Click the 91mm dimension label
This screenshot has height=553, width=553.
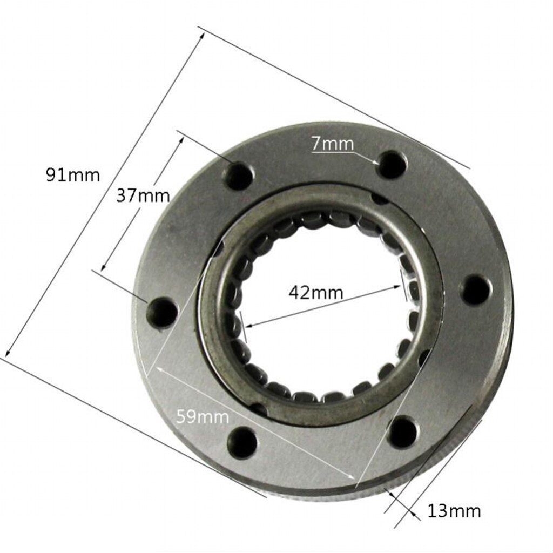[x=73, y=175]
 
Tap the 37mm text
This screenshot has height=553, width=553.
[x=143, y=195]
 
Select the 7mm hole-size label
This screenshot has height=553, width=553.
[x=332, y=144]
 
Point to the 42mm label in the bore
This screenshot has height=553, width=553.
[x=316, y=293]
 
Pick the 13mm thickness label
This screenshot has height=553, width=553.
[x=454, y=510]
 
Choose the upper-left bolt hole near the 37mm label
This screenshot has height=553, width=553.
[x=239, y=176]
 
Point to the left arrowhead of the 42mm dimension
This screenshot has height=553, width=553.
[x=248, y=326]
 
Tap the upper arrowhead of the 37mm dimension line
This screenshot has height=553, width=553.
[x=183, y=137]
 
